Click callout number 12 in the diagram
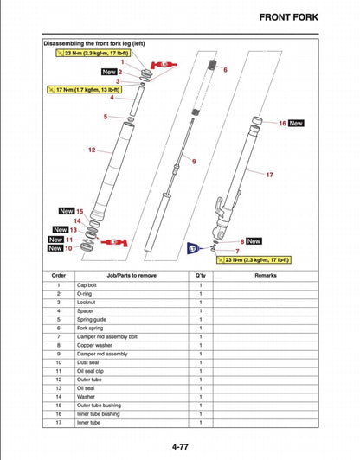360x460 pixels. click(91, 150)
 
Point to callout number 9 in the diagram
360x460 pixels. click(194, 162)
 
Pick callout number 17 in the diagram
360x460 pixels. click(269, 175)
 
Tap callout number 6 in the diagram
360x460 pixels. click(225, 69)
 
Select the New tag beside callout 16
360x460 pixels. click(296, 124)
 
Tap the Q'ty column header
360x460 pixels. click(200, 275)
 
